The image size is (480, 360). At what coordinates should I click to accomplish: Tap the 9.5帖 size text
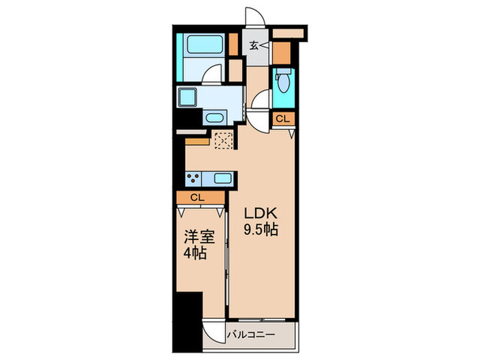click(261, 230)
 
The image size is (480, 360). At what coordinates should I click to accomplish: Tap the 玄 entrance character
click(254, 46)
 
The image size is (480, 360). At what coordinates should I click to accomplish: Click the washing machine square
click(188, 98)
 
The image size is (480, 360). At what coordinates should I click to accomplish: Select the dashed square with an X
click(223, 140)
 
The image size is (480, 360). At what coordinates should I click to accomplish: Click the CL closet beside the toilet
click(283, 119)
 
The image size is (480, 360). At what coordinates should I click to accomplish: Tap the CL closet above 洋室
click(198, 197)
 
